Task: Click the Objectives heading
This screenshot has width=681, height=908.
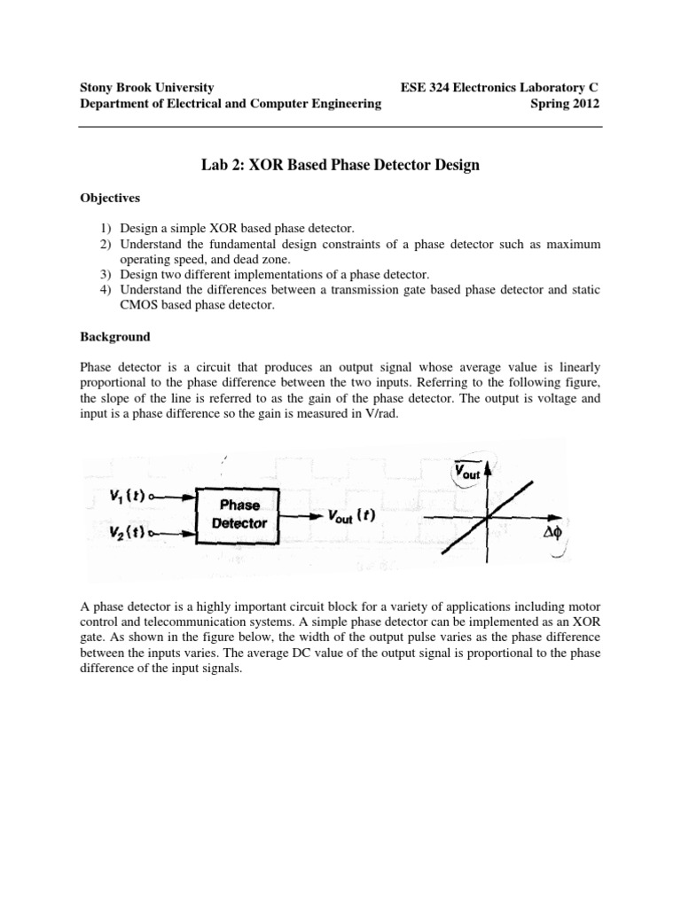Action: (x=110, y=198)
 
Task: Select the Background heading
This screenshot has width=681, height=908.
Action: (x=115, y=338)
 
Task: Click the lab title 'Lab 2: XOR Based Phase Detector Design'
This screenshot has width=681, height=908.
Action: (x=340, y=165)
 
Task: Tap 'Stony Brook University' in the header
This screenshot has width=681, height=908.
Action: (x=146, y=87)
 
